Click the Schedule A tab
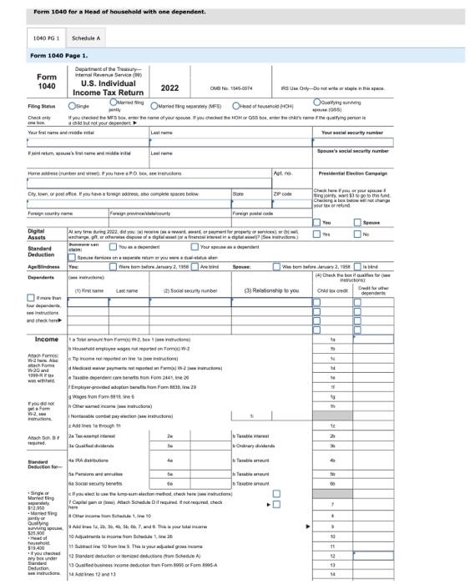click(x=85, y=38)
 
